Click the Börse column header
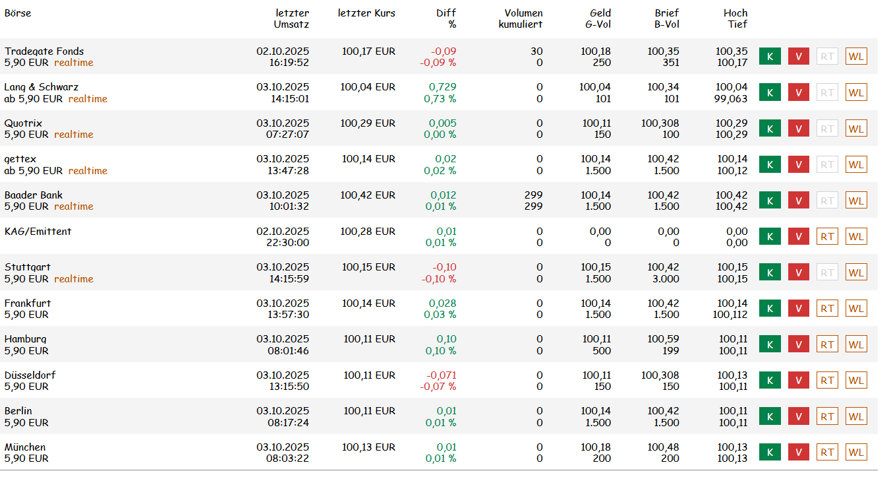pos(18,13)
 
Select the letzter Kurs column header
pos(366,13)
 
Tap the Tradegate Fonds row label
pos(44,51)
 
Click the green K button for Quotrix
pos(770,129)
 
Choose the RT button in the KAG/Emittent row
pos(827,236)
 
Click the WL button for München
pos(856,452)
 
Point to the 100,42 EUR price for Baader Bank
pos(368,195)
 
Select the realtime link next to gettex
pos(88,171)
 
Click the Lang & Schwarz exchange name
pos(42,87)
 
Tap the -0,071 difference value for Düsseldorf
pos(442,375)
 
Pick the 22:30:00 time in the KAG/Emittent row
pos(287,243)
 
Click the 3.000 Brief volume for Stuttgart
pos(666,278)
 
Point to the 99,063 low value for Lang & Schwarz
pos(730,98)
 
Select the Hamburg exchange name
pos(25,339)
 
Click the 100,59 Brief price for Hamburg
pos(663,339)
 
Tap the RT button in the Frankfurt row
pos(827,309)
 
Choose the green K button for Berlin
pos(770,416)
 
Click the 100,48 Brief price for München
pos(663,447)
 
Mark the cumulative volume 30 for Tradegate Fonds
pos(536,51)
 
